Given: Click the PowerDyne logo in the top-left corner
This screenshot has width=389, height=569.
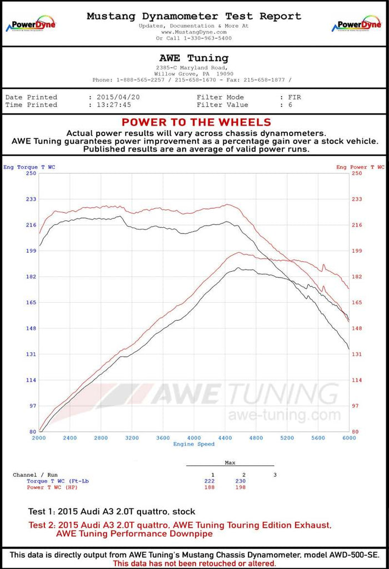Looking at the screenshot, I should point(31,25).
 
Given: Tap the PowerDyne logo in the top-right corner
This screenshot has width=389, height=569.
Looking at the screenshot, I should point(357,25).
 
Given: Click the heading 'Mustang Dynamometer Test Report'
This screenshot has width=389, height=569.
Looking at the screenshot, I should point(194,17).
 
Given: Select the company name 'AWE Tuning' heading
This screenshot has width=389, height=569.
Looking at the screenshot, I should point(194,58).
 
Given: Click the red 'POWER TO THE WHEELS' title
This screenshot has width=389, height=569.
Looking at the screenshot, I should point(196,122).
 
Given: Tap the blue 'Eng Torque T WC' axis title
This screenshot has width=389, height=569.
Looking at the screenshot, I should point(29,167).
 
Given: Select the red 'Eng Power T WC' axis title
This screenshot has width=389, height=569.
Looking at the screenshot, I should point(360,167).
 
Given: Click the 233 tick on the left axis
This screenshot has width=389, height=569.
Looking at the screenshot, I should point(31,199).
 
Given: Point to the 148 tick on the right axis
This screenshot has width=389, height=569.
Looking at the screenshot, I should point(357,328).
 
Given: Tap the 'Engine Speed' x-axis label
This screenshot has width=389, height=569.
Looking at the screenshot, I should point(194,444).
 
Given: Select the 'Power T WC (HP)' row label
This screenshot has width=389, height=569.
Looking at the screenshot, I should point(53,487).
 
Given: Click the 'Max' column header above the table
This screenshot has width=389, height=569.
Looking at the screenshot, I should point(230,462).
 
